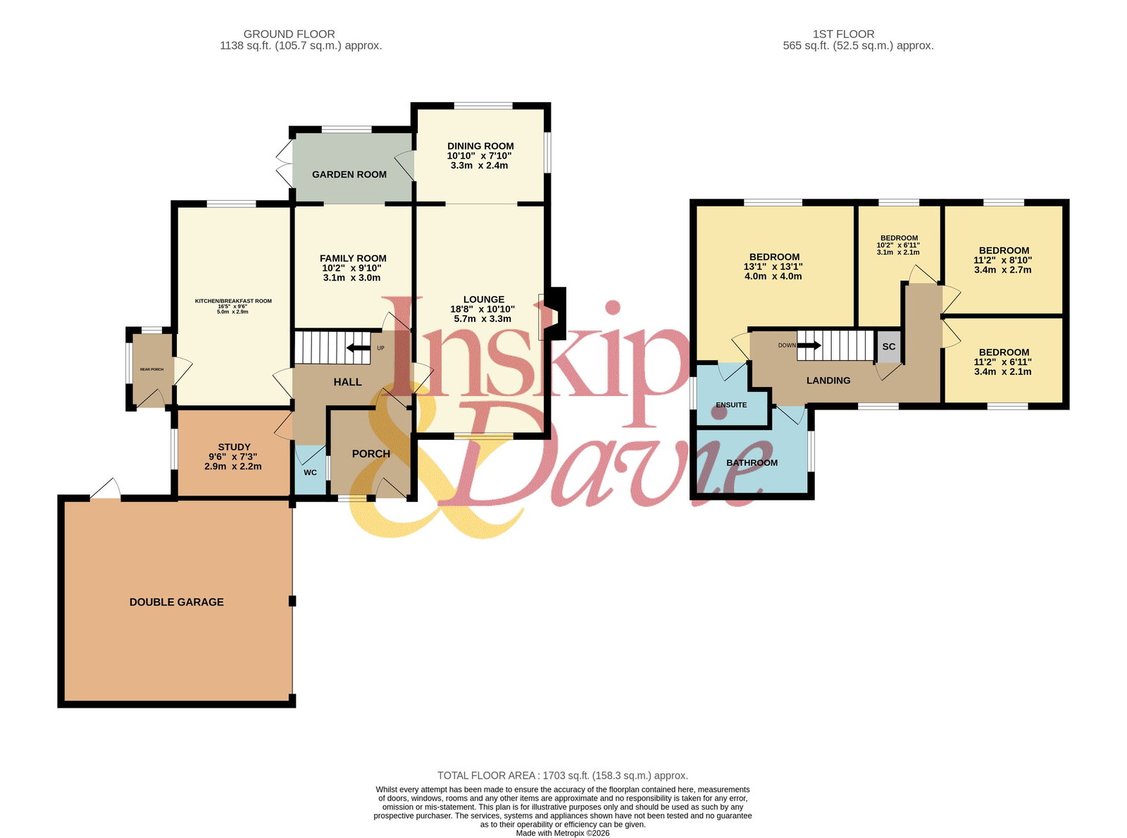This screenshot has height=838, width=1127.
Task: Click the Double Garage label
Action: pyautogui.click(x=176, y=602)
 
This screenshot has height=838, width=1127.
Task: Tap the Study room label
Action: pyautogui.click(x=235, y=448)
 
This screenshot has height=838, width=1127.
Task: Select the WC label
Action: pyautogui.click(x=310, y=472)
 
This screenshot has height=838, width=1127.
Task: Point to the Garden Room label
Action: pyautogui.click(x=349, y=174)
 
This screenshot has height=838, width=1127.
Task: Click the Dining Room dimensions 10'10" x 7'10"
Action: pyautogui.click(x=479, y=156)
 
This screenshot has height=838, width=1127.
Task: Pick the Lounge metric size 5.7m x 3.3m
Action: pyautogui.click(x=482, y=319)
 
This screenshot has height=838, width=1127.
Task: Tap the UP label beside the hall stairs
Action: pyautogui.click(x=380, y=348)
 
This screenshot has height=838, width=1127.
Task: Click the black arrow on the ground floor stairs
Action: pyautogui.click(x=359, y=348)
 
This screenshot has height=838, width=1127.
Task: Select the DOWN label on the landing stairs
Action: pyautogui.click(x=787, y=345)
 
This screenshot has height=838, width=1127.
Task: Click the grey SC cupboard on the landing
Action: pyautogui.click(x=888, y=346)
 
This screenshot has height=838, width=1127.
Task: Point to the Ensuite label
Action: pyautogui.click(x=731, y=405)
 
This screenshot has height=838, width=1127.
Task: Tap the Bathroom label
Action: pyautogui.click(x=752, y=463)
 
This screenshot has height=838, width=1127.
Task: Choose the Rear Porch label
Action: pyautogui.click(x=151, y=369)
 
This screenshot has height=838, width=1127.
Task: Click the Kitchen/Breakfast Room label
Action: pyautogui.click(x=233, y=301)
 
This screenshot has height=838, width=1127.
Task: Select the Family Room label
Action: pyautogui.click(x=353, y=259)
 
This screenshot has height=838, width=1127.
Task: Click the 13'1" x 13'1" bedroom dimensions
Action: pyautogui.click(x=773, y=267)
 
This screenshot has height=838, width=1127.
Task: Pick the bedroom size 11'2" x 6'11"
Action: pyautogui.click(x=1002, y=362)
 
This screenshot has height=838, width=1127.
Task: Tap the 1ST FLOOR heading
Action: pyautogui.click(x=843, y=34)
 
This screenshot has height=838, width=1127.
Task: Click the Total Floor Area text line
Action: pyautogui.click(x=563, y=775)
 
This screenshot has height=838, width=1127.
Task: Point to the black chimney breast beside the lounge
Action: pyautogui.click(x=557, y=313)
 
